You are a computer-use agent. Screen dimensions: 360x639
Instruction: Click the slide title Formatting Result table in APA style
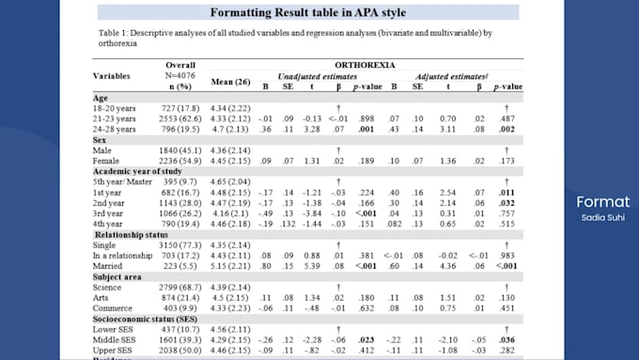coord(307,12)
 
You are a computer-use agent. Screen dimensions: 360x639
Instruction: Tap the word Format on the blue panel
coord(597,202)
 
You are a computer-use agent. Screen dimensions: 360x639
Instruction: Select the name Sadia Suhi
coord(597,218)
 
